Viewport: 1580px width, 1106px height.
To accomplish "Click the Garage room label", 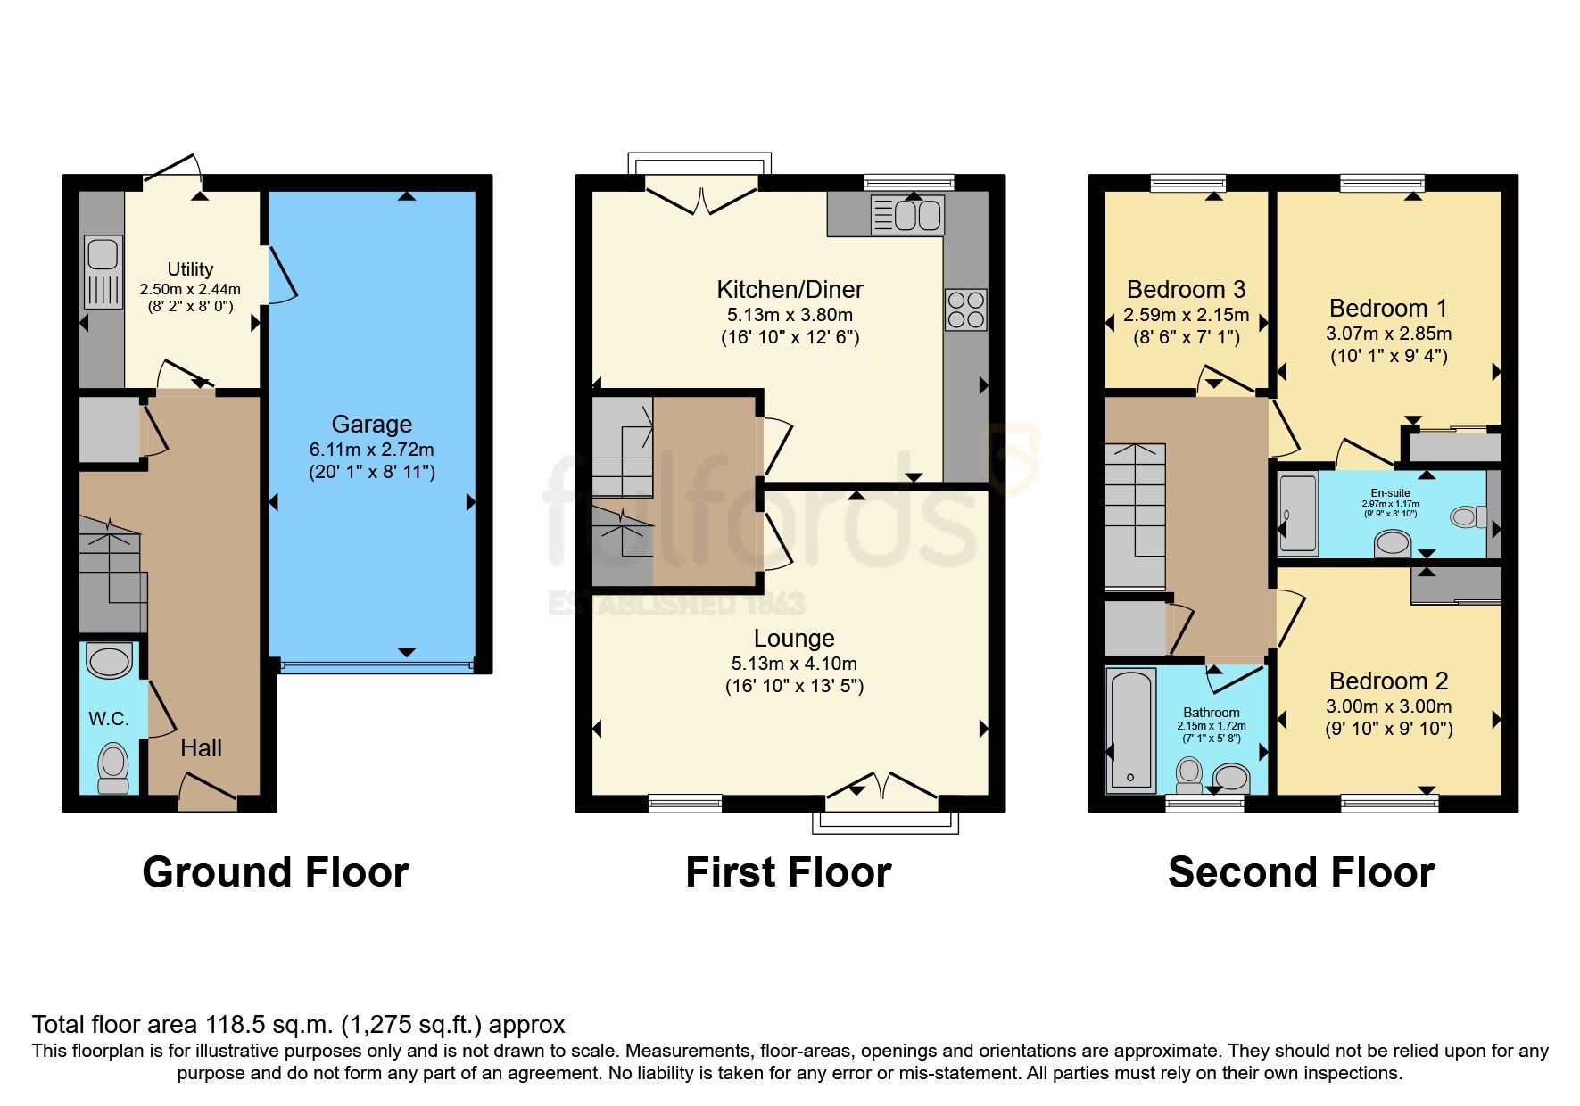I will pos(371,425).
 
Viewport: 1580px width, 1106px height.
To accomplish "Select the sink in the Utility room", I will pos(103,253).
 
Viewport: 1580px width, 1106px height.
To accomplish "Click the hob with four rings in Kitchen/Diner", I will pos(965,310).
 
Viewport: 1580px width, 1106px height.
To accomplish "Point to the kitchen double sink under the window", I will pos(917,215).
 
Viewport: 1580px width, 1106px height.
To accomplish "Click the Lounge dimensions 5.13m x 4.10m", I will pos(793,664).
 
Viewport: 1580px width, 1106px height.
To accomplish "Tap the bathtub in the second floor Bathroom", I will pos(1130,730).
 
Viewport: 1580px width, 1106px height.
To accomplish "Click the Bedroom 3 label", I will pos(1186,290).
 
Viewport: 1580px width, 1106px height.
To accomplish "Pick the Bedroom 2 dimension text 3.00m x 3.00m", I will pos(1388,706).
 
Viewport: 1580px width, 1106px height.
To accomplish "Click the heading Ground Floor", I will pos(275,871).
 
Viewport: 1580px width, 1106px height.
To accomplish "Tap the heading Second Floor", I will pos(1300,871).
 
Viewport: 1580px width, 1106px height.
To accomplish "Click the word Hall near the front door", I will pos(201,748).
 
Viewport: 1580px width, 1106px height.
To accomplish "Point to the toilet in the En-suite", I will pos(1468,516).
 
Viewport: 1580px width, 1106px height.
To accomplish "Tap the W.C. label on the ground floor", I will pos(108,719).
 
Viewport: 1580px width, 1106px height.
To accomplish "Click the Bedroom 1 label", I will pos(1387,309).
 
